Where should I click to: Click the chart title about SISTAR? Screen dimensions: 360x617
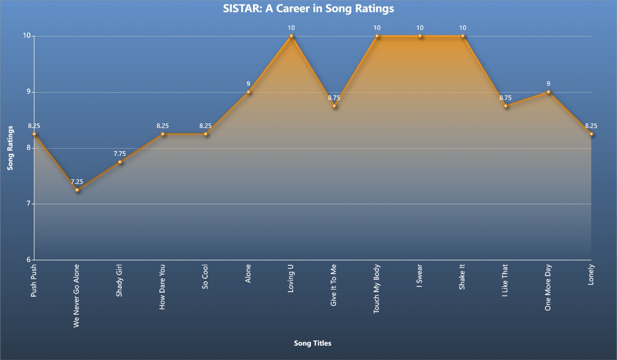click(308, 9)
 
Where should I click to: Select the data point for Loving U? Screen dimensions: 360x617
click(292, 36)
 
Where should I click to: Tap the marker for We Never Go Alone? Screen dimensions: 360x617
click(77, 190)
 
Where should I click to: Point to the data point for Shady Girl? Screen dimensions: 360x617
click(120, 162)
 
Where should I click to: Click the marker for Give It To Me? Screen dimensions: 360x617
click(334, 106)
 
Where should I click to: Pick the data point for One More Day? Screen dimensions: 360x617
click(549, 92)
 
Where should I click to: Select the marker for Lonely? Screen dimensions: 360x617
click(591, 134)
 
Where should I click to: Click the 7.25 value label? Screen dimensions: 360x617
click(77, 182)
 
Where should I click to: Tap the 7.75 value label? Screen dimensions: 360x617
click(120, 153)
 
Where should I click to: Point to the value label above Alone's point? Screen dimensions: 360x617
click(248, 83)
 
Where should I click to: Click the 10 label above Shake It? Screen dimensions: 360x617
click(463, 27)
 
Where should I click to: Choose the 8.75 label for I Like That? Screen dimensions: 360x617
click(505, 97)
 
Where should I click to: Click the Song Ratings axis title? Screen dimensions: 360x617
click(10, 148)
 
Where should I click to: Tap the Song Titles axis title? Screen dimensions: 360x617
click(313, 343)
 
